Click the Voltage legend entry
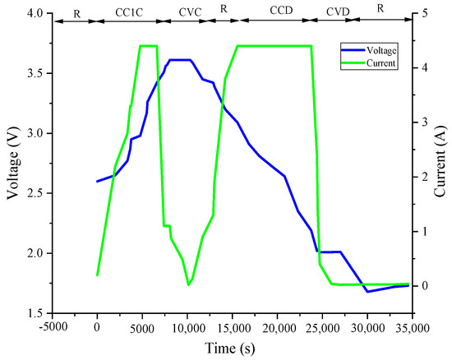click(x=381, y=48)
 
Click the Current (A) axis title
click(x=440, y=164)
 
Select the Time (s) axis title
click(x=231, y=349)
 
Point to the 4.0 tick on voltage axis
click(x=34, y=14)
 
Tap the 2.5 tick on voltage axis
click(x=34, y=193)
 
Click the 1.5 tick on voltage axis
click(x=34, y=313)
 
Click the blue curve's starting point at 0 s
click(x=97, y=181)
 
